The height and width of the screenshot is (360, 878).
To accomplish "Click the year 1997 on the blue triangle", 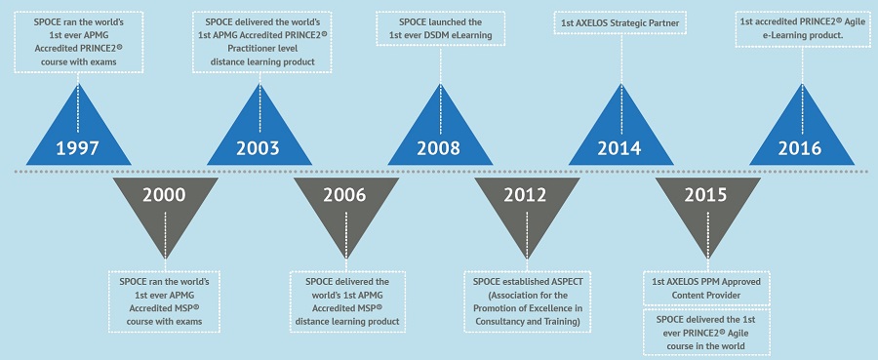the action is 77,148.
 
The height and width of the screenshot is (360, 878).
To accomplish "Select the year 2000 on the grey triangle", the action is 164,194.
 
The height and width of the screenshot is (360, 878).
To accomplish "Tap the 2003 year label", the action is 258,148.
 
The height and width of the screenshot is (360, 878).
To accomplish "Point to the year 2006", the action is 345,194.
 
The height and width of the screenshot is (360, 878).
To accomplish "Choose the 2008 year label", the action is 439,148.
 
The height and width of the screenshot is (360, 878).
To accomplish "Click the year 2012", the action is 525,194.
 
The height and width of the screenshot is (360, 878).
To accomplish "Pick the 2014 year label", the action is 619,148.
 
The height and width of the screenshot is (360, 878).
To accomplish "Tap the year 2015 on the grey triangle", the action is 705,194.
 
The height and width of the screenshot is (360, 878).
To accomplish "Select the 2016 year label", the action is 800,148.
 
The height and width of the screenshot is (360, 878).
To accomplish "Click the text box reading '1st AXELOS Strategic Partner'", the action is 619,23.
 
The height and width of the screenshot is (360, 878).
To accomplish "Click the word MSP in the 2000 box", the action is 164,308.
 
